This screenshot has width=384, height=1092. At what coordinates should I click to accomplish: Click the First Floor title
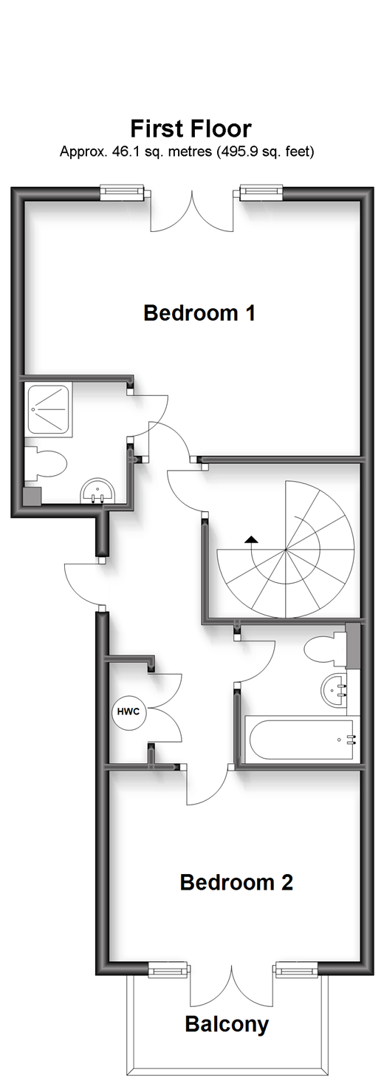(191, 129)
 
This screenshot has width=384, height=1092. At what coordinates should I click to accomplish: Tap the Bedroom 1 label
(199, 313)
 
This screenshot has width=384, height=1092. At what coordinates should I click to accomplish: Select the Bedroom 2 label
(236, 882)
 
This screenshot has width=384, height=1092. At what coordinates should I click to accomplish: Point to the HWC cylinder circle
(128, 711)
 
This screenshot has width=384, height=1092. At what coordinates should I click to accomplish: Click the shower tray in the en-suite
(49, 409)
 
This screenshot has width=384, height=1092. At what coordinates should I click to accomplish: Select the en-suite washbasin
(98, 491)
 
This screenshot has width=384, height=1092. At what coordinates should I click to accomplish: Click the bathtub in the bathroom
(301, 740)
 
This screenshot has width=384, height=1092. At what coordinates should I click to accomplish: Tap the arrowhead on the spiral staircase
(252, 538)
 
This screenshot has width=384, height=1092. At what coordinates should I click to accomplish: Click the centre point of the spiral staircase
(286, 550)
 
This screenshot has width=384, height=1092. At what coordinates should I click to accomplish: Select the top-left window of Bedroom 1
(123, 193)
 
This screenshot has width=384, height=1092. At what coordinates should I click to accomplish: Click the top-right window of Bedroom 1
(261, 193)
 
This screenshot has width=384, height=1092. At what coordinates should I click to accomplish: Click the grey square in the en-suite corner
(33, 496)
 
